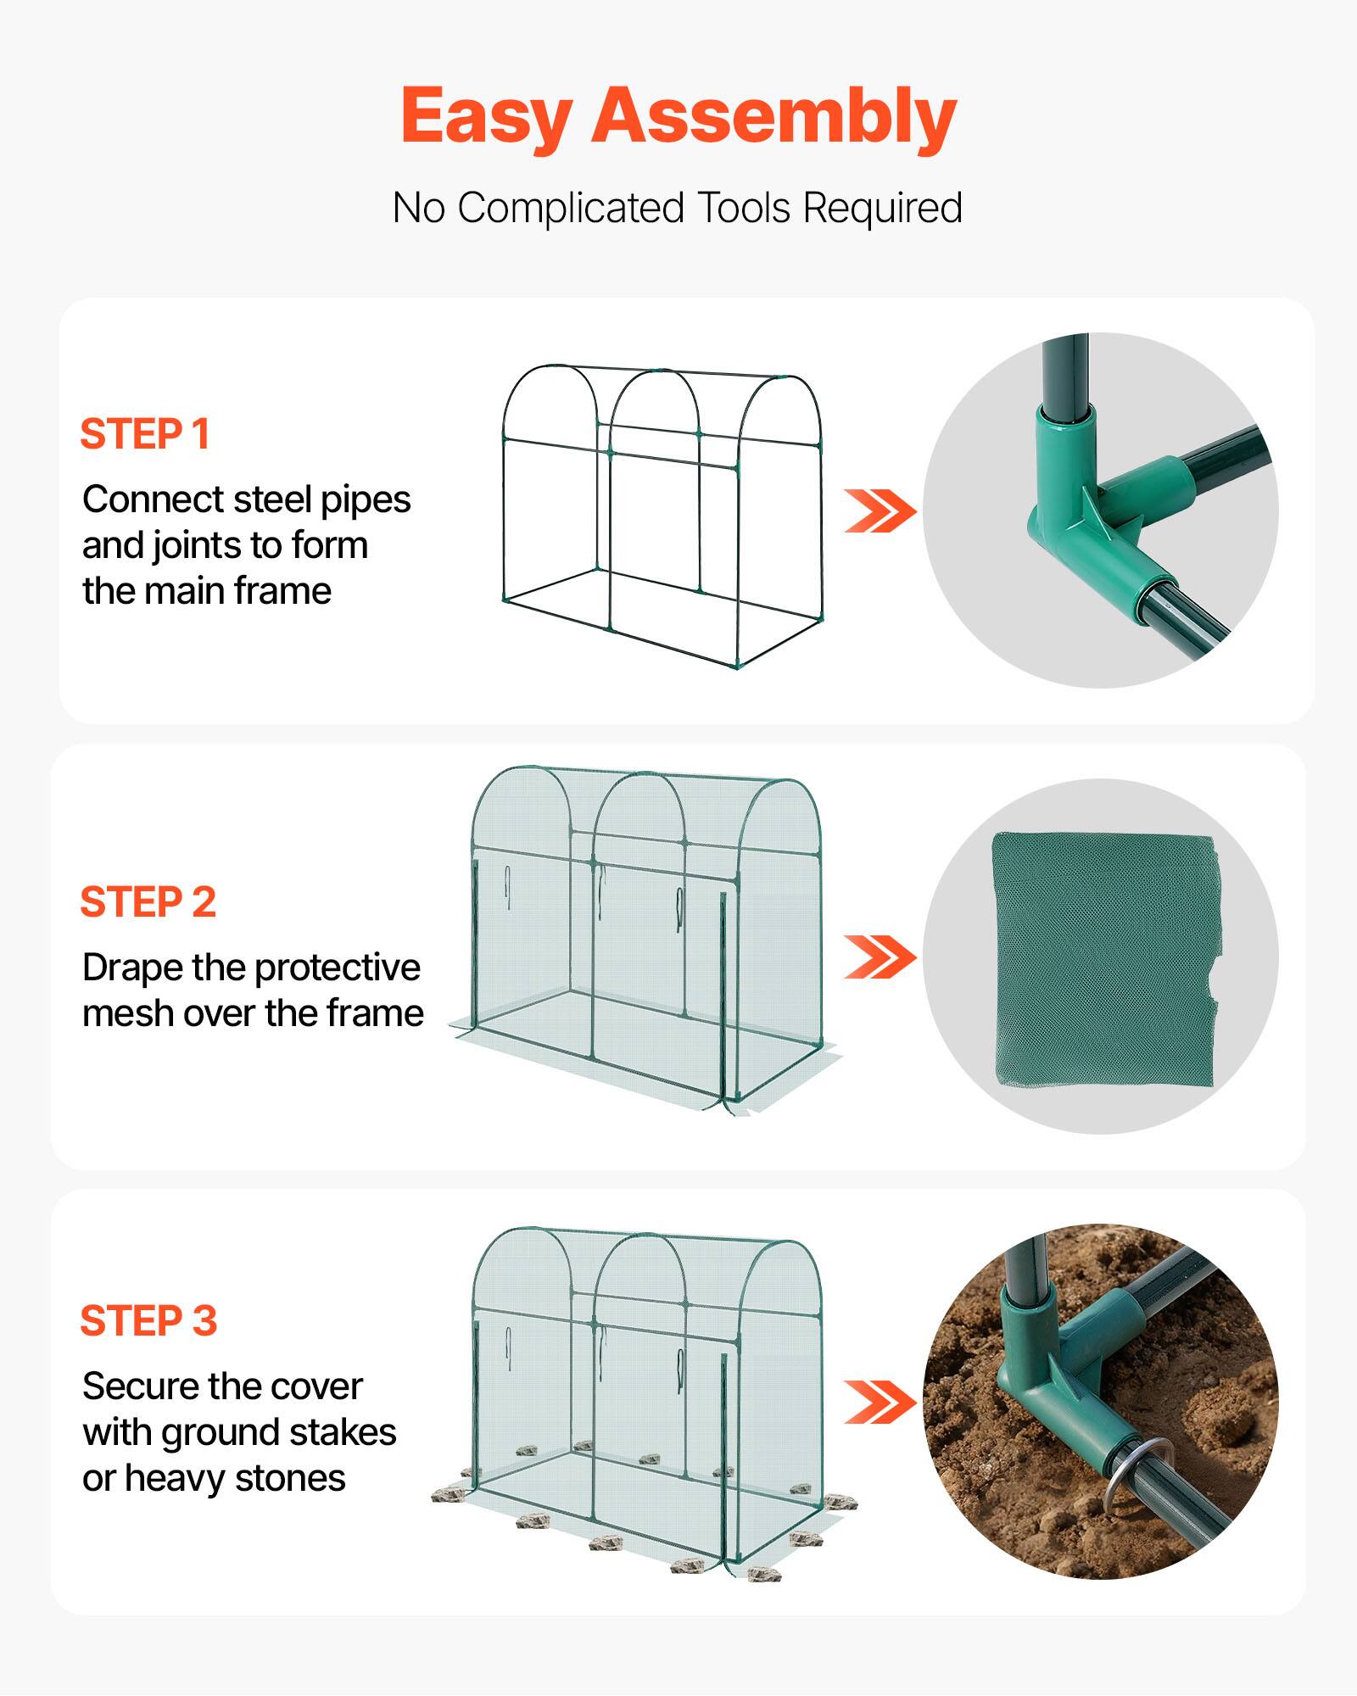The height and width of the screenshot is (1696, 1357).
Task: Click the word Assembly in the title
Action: pyautogui.click(x=773, y=117)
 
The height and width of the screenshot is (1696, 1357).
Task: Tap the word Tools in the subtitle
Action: pyautogui.click(x=744, y=208)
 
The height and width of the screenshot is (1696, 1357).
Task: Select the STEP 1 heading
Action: pyautogui.click(x=145, y=434)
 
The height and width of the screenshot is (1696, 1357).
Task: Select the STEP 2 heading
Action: pyautogui.click(x=148, y=902)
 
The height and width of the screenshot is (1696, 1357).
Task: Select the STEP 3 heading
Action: pyautogui.click(x=149, y=1321)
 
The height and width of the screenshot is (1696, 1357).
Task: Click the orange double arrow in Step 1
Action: pyautogui.click(x=880, y=510)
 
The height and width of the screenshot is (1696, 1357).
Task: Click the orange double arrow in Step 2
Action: pyautogui.click(x=880, y=957)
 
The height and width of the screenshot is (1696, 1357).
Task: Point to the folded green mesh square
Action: pyautogui.click(x=1103, y=958)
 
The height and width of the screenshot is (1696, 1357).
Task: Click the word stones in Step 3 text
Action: pyautogui.click(x=290, y=1478)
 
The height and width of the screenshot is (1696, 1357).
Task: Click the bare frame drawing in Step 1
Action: pyautogui.click(x=662, y=517)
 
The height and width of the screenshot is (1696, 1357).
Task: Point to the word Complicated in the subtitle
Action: pyautogui.click(x=570, y=208)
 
